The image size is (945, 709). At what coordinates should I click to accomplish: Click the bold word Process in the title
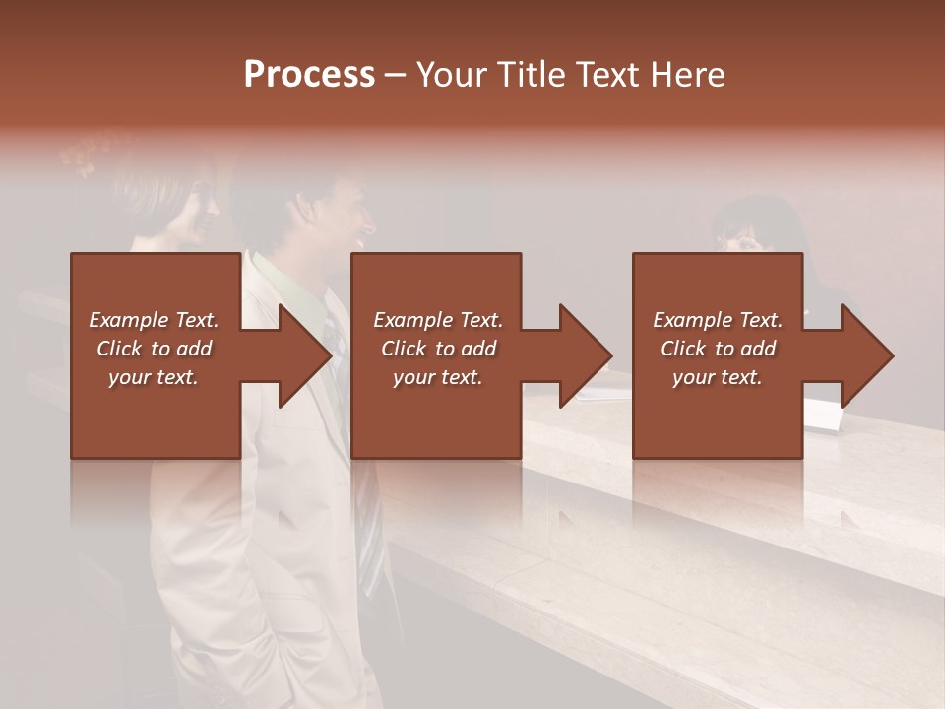[309, 75]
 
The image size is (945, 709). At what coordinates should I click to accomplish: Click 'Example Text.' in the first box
[154, 320]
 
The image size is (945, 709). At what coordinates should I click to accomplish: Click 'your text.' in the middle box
[437, 377]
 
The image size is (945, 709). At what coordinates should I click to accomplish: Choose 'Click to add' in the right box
[718, 349]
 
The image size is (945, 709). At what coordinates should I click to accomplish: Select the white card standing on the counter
[823, 416]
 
